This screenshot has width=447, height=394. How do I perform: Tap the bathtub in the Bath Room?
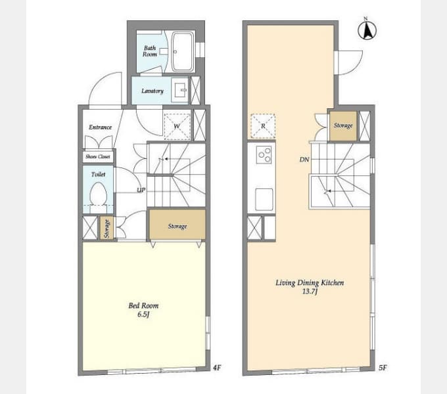[183, 51]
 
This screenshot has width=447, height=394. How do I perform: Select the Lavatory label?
[153, 91]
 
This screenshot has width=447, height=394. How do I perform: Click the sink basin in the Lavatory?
[180, 90]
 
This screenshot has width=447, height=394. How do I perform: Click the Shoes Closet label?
[98, 156]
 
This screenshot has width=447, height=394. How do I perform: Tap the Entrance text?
[100, 127]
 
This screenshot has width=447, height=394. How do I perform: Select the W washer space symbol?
[177, 126]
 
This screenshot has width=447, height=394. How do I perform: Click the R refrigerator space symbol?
[263, 126]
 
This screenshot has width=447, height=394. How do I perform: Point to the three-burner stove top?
[264, 154]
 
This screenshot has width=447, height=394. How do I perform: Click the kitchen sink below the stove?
[264, 199]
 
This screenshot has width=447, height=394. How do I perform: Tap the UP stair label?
[141, 190]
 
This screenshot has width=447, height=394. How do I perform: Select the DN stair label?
[304, 160]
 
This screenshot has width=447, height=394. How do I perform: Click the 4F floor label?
[217, 368]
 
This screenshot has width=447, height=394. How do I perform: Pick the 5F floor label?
[383, 368]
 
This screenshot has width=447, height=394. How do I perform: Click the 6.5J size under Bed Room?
[144, 315]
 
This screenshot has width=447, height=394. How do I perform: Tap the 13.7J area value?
[310, 291]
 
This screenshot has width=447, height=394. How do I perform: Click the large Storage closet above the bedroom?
[177, 225]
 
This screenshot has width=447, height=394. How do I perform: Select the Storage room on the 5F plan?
[343, 126]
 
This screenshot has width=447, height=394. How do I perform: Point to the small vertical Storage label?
[106, 229]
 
